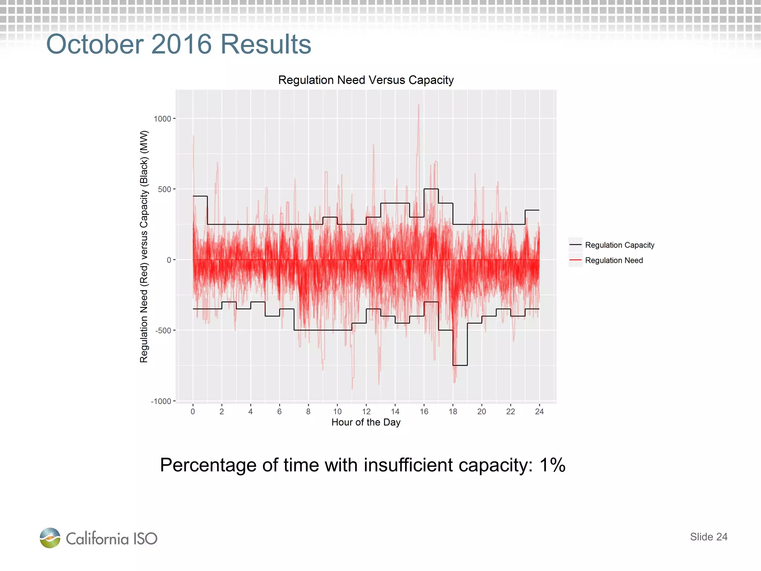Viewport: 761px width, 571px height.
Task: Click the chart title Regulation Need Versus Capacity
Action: [366, 80]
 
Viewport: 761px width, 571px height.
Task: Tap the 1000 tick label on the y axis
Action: [162, 119]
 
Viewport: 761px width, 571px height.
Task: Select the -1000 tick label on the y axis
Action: [161, 401]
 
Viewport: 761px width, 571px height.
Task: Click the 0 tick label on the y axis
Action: [169, 260]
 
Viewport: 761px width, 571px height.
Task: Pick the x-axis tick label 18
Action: [453, 412]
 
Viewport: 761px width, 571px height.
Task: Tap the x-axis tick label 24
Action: [539, 412]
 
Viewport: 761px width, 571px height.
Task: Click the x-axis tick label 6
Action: [279, 412]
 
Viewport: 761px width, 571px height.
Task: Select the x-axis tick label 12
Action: [366, 412]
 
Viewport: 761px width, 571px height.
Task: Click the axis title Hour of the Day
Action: [366, 422]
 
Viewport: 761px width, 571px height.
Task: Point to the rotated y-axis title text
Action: [144, 246]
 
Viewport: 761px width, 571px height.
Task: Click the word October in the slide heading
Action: [95, 44]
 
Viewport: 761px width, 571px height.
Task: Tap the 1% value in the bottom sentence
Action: [552, 465]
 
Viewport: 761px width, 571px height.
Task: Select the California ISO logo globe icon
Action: [50, 538]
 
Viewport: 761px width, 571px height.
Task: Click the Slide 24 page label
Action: [708, 537]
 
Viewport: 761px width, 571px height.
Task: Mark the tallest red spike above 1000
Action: [418, 106]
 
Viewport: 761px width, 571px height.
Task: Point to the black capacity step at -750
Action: [460, 365]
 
